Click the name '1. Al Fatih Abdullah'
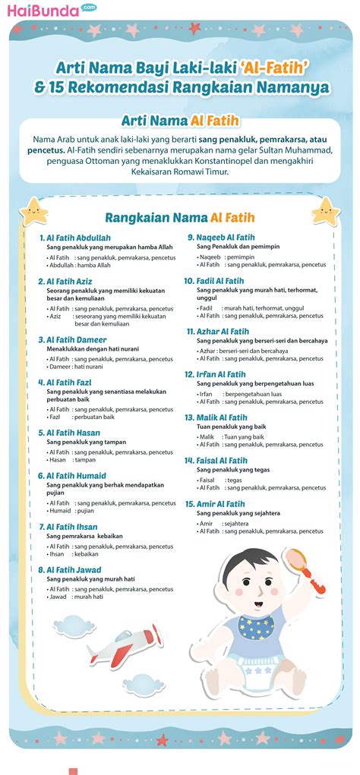75,238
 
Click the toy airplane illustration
122,642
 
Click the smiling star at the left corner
33,210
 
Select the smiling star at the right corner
326,210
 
